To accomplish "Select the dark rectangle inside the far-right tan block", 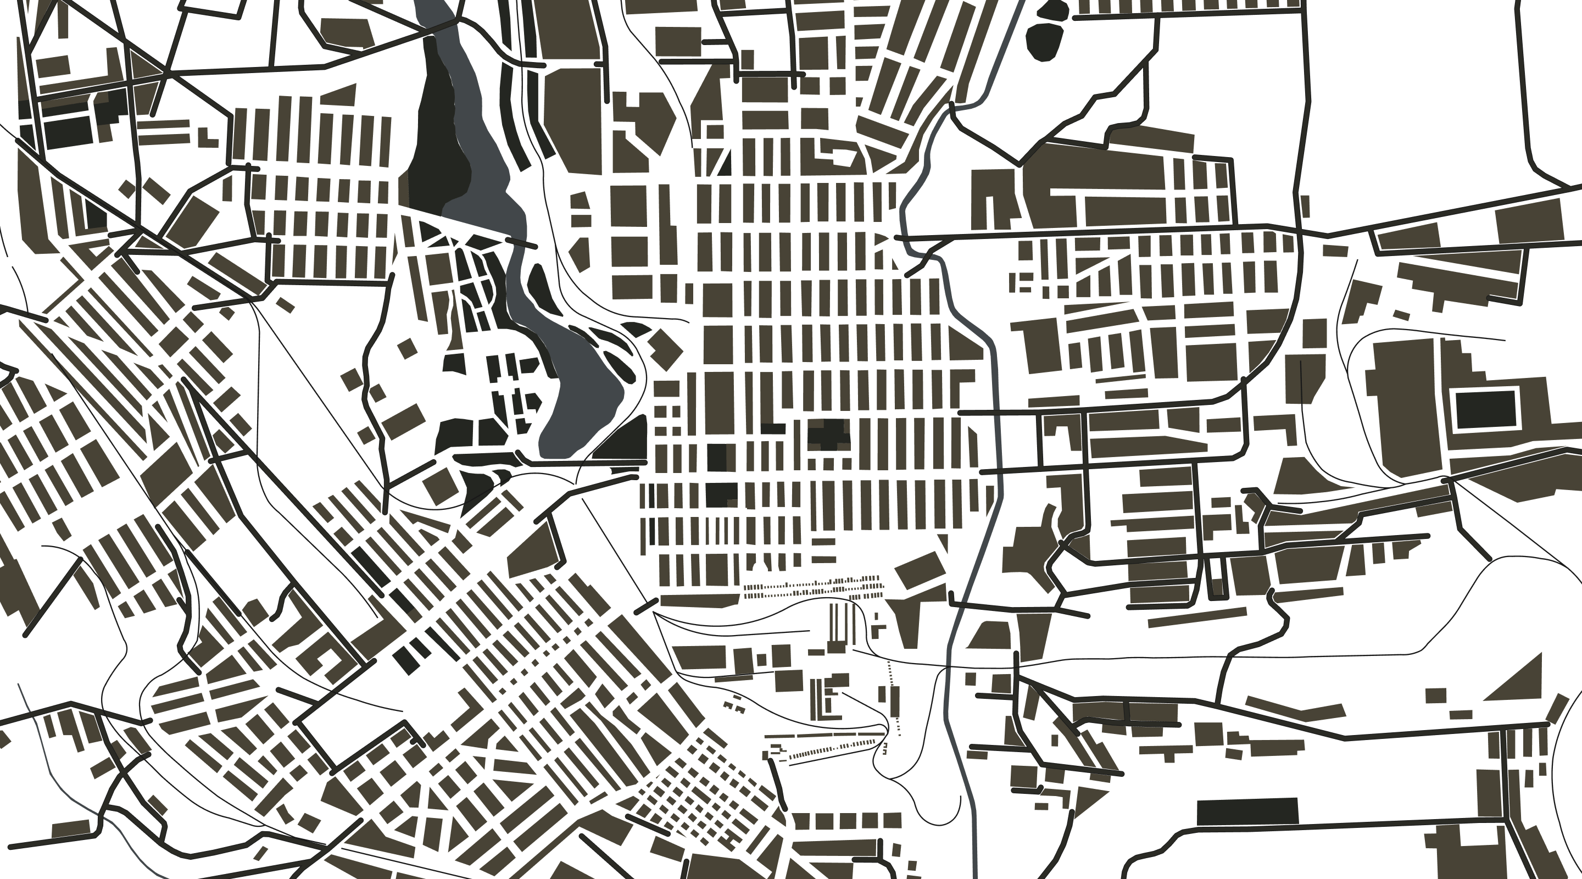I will tap(1484, 409).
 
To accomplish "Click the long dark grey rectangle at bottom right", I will tap(1247, 811).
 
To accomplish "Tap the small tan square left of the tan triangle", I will tap(1435, 696).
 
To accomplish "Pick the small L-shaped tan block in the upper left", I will tap(209, 136).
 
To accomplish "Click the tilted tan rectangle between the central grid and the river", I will tap(920, 569).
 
